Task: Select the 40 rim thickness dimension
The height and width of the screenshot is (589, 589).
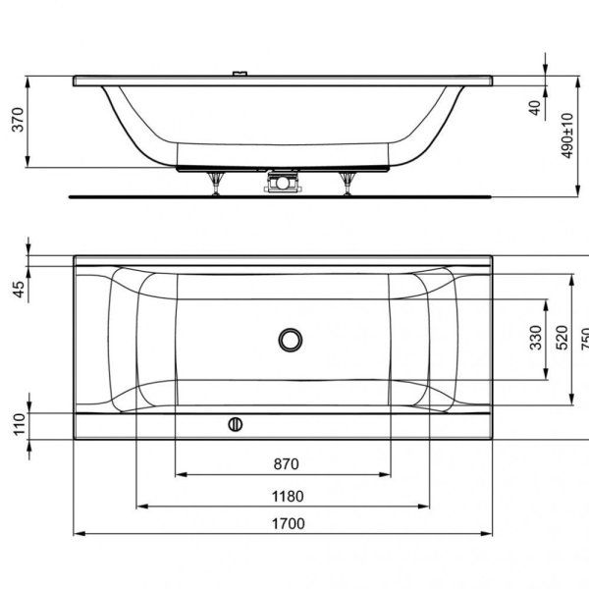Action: [x=534, y=106]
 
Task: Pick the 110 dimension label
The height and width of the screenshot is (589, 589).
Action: [x=16, y=424]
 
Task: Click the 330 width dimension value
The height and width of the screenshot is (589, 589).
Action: [x=535, y=339]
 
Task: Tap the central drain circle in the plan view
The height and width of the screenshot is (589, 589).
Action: [x=291, y=340]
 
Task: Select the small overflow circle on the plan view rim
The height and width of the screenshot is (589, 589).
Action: [x=235, y=424]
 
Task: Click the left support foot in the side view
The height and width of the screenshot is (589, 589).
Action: [x=216, y=184]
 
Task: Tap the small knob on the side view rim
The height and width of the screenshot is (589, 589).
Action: [x=239, y=74]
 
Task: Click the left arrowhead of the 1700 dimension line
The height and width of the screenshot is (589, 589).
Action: [x=80, y=534]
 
